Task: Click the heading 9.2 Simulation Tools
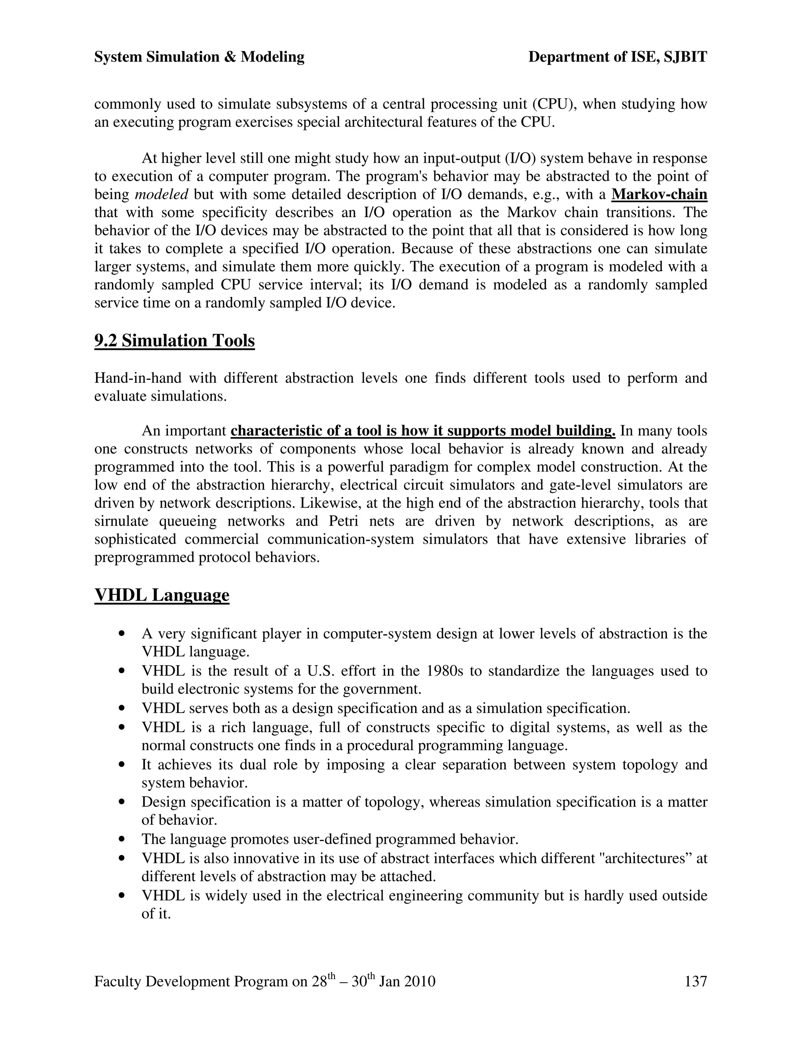(x=174, y=341)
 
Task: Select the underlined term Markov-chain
(x=659, y=194)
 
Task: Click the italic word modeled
(x=162, y=194)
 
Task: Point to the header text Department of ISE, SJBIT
(x=618, y=57)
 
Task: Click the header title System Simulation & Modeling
(x=199, y=57)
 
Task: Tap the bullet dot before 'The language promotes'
(x=123, y=839)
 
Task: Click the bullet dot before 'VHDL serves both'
(x=123, y=708)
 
